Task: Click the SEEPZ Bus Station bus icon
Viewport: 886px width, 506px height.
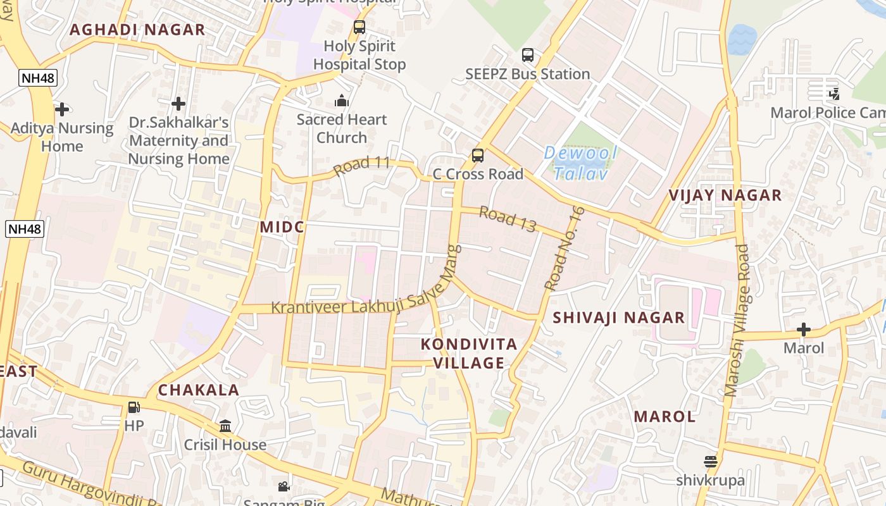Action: (527, 55)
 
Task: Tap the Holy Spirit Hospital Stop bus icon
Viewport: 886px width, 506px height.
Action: (359, 27)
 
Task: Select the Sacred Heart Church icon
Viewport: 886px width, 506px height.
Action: (341, 101)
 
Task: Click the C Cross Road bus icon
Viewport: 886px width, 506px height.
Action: (478, 156)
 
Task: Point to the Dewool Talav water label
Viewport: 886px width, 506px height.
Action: (580, 163)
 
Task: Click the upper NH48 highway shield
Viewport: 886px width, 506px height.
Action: (38, 78)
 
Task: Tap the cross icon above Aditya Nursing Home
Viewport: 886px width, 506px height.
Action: (61, 109)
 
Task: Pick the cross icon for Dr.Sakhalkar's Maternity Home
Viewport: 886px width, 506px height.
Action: (178, 103)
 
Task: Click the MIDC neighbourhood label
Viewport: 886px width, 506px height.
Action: (282, 227)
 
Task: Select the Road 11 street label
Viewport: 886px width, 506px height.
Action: (362, 166)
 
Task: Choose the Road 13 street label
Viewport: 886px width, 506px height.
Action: (508, 219)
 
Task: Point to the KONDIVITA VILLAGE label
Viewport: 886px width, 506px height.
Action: (469, 354)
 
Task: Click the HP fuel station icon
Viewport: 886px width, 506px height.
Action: (134, 407)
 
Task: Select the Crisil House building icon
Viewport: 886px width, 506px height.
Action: (225, 426)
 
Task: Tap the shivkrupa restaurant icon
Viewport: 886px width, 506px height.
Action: (710, 462)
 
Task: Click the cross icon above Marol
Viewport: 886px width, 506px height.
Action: (804, 330)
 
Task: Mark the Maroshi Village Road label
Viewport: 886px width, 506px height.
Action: (737, 321)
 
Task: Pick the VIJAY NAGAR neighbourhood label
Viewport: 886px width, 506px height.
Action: (725, 195)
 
